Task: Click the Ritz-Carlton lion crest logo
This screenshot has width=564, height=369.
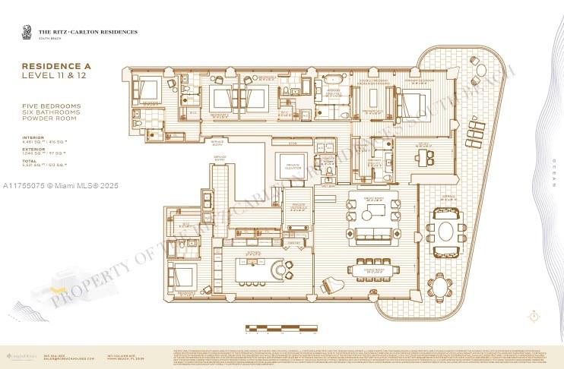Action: pos(27,32)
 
